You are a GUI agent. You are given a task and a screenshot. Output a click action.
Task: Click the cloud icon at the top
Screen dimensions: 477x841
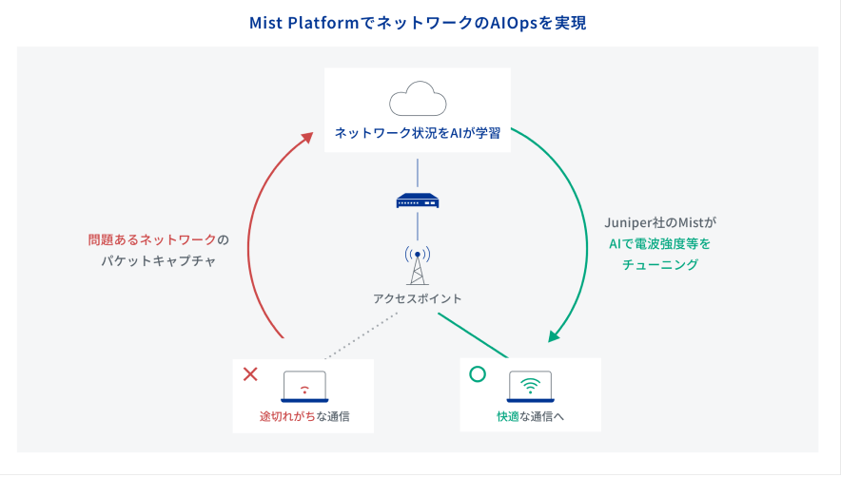pyautogui.click(x=418, y=99)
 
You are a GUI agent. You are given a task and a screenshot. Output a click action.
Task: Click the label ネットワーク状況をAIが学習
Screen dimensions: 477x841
pyautogui.click(x=417, y=134)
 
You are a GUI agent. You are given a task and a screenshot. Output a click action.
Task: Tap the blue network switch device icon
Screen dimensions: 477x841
pyautogui.click(x=418, y=200)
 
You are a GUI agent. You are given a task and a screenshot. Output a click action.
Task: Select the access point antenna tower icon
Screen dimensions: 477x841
pyautogui.click(x=417, y=265)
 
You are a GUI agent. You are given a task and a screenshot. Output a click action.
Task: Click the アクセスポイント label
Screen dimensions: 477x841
pyautogui.click(x=417, y=298)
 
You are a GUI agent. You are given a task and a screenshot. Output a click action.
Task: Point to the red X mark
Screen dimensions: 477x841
pyautogui.click(x=251, y=373)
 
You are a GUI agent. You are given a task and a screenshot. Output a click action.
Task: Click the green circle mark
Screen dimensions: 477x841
pyautogui.click(x=478, y=373)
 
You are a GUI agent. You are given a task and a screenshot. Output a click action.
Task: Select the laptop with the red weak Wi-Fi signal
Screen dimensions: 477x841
pyautogui.click(x=304, y=387)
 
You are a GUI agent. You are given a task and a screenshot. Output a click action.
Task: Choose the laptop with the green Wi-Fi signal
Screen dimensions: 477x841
pyautogui.click(x=530, y=386)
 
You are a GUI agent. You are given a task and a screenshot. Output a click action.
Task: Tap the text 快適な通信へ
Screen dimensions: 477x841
pyautogui.click(x=530, y=416)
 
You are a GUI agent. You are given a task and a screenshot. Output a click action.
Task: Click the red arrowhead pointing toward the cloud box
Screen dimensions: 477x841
pyautogui.click(x=305, y=139)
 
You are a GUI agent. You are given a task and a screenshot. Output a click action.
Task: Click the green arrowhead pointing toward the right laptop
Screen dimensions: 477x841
pyautogui.click(x=554, y=334)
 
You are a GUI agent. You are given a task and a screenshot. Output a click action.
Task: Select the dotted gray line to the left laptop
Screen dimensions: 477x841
pyautogui.click(x=361, y=337)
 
